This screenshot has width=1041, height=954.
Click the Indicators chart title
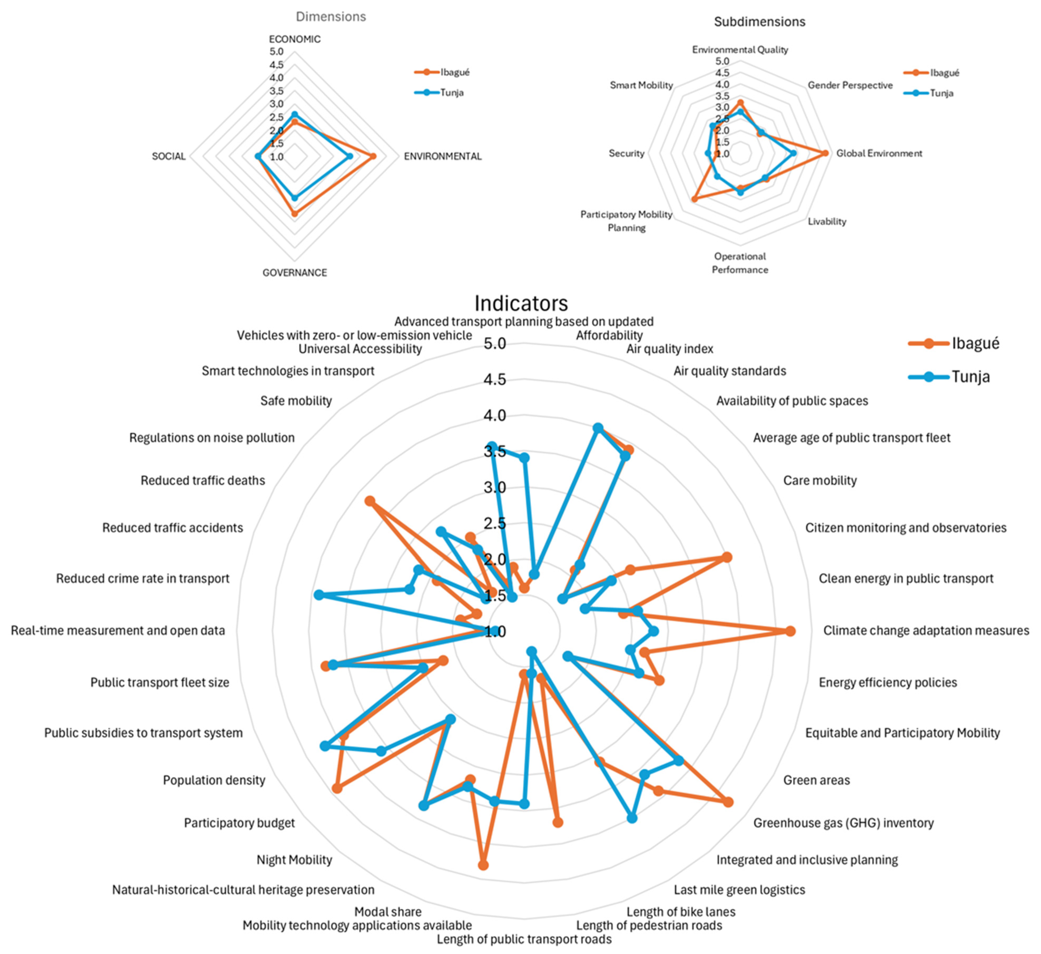click(521, 304)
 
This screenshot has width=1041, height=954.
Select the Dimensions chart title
click(331, 17)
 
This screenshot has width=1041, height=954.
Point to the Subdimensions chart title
click(760, 22)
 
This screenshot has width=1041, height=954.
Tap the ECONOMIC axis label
click(295, 39)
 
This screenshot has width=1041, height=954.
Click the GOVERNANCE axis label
click(295, 272)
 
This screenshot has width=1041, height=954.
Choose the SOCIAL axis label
click(168, 157)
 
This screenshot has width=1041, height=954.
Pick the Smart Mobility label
click(641, 85)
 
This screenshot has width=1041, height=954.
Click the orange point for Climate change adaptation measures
click(790, 631)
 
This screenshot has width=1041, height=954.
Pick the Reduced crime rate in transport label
click(143, 579)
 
